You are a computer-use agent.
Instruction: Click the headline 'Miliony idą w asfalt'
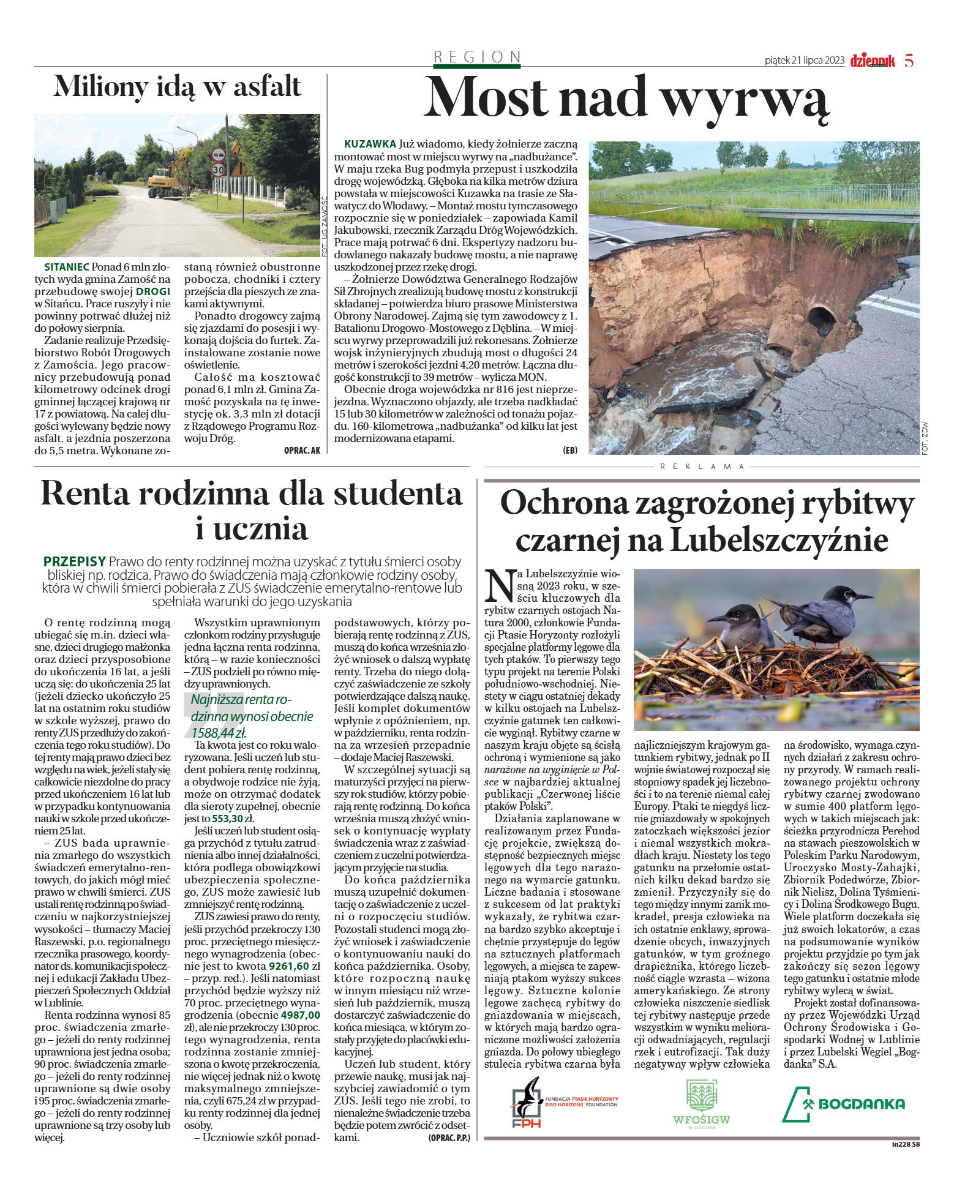click(177, 86)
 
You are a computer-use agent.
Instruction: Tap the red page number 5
click(909, 61)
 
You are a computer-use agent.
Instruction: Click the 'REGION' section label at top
click(477, 57)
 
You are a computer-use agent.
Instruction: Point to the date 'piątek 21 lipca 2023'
click(804, 61)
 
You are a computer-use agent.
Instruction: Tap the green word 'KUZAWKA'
click(370, 144)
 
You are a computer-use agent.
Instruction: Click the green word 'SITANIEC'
click(67, 267)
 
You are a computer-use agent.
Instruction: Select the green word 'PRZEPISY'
click(75, 561)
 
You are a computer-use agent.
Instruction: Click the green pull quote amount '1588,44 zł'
click(219, 733)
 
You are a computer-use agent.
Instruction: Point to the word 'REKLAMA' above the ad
click(702, 467)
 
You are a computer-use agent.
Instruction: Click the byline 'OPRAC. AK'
click(302, 450)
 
